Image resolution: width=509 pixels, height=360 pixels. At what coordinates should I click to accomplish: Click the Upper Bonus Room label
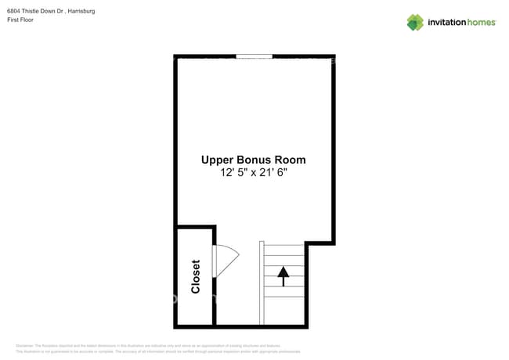[254, 160]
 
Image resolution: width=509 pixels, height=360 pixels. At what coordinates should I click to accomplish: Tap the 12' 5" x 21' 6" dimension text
[254, 173]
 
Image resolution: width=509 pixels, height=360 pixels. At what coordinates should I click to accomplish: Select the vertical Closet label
[196, 276]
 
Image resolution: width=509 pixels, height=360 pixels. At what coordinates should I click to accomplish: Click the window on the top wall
[254, 56]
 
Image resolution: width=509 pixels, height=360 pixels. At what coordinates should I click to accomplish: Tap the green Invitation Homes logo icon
[415, 22]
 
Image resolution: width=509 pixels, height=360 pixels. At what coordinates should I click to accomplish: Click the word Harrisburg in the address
[81, 12]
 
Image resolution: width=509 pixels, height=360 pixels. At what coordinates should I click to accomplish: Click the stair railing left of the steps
[262, 282]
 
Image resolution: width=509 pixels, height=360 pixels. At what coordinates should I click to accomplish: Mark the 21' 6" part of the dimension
[271, 173]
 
